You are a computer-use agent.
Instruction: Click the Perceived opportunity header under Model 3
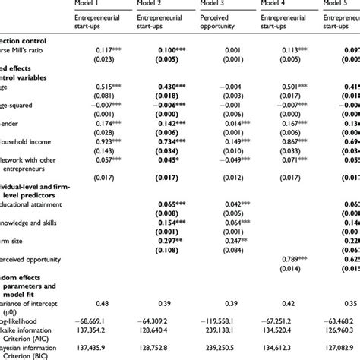pyautogui.click(x=242, y=24)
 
